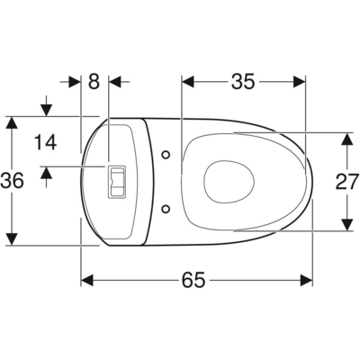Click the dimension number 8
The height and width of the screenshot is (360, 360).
[94, 81]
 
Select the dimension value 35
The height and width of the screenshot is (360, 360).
[241, 82]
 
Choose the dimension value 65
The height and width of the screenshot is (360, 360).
[192, 280]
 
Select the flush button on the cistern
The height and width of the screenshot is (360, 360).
[116, 181]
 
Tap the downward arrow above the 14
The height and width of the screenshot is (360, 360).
[46, 110]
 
